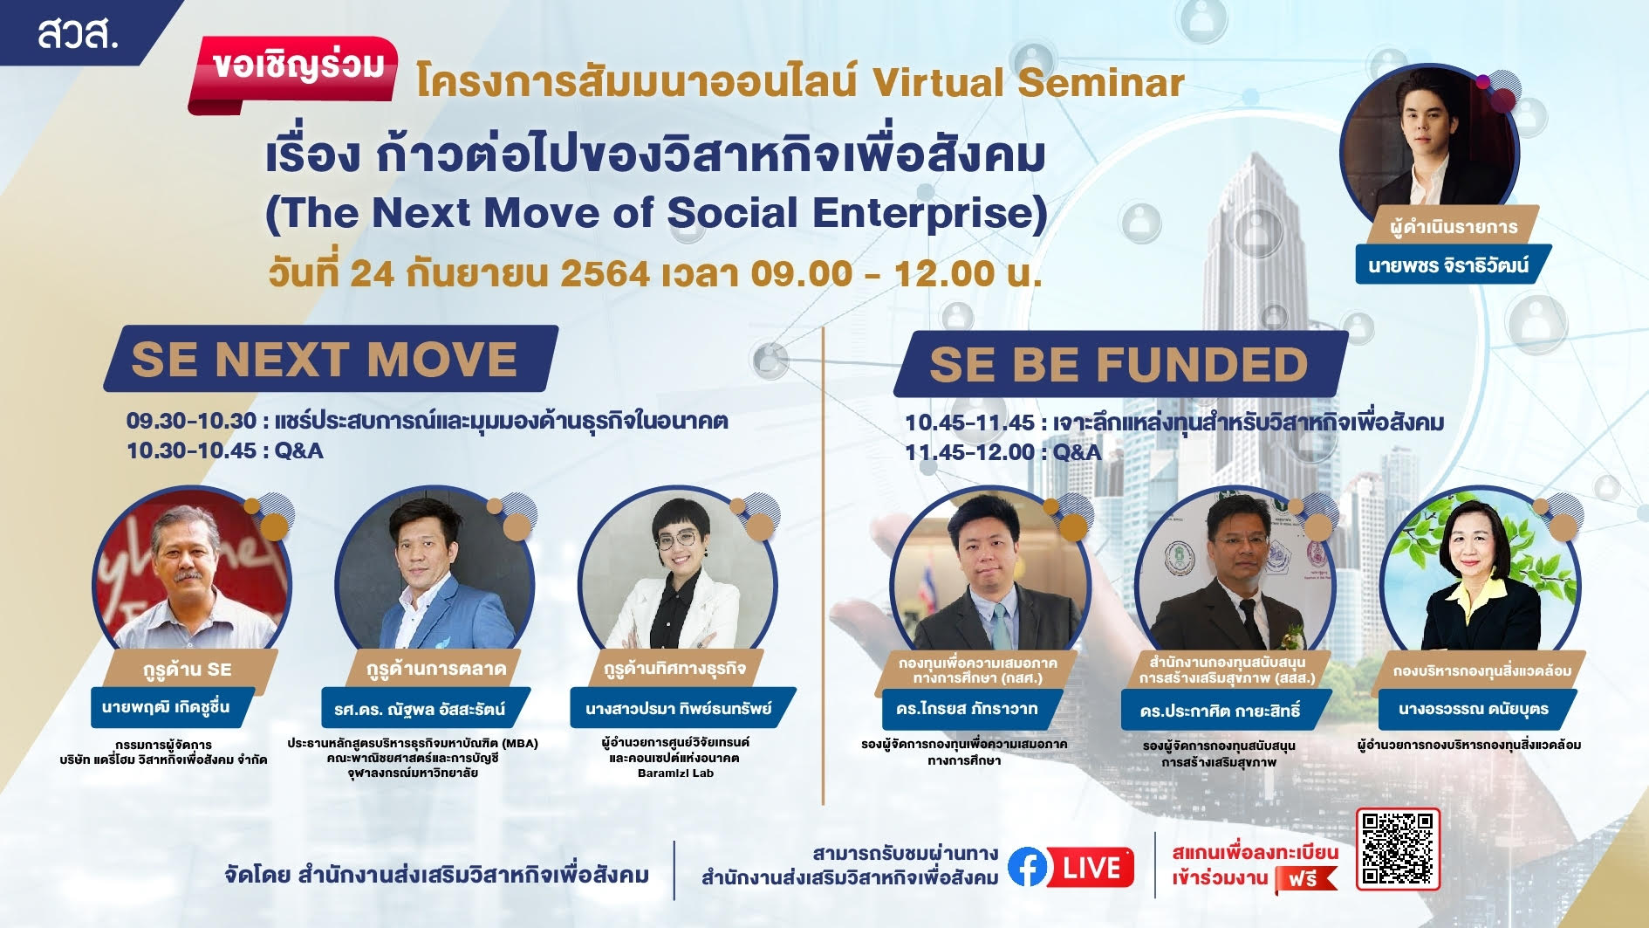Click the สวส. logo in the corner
(77, 34)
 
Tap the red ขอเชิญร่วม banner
(295, 72)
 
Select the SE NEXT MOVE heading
(325, 359)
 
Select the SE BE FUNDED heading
(1119, 364)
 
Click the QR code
(1398, 849)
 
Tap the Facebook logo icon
(1027, 868)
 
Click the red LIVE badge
(1091, 868)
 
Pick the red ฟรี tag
(1305, 879)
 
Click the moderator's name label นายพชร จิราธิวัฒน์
(1448, 265)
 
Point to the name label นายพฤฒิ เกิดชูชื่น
(166, 707)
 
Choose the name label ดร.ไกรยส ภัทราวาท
(967, 709)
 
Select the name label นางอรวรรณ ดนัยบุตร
(1474, 709)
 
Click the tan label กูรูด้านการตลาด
(436, 670)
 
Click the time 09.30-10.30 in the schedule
(191, 422)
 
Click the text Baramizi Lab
(675, 773)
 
